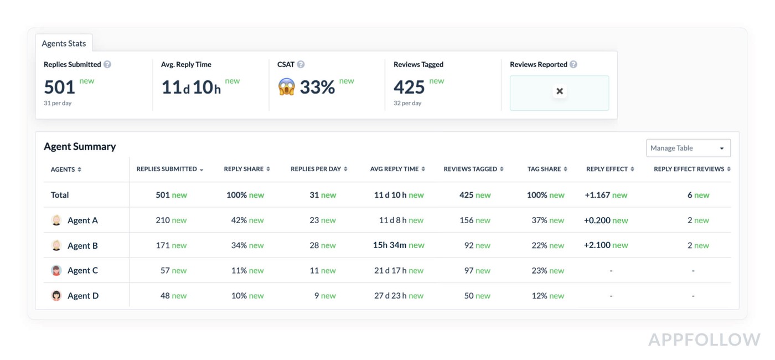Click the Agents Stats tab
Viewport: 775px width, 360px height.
click(x=64, y=43)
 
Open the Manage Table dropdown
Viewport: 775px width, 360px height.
click(x=688, y=148)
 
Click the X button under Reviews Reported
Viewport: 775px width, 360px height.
click(x=560, y=91)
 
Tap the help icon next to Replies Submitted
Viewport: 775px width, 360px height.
click(x=107, y=64)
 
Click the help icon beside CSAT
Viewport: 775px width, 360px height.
click(x=301, y=64)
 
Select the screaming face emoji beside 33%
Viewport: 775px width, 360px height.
click(x=287, y=87)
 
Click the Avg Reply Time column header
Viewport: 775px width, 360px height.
click(x=394, y=169)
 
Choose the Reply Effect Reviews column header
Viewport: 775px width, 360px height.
click(x=689, y=169)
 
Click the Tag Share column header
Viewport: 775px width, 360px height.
click(x=544, y=169)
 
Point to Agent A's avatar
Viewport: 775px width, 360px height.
click(x=56, y=220)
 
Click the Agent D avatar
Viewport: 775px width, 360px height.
click(x=56, y=296)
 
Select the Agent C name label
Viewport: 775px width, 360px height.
click(x=82, y=271)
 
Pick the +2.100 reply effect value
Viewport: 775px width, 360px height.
click(x=597, y=245)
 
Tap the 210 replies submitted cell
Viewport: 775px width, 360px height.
click(x=163, y=220)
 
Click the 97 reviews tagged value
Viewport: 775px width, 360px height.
click(x=469, y=271)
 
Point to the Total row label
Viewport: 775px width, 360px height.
click(x=60, y=195)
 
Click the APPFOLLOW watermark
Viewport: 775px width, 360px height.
click(x=704, y=340)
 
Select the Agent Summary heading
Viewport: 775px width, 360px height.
click(x=80, y=146)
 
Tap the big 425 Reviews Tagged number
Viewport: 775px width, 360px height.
click(x=409, y=88)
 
